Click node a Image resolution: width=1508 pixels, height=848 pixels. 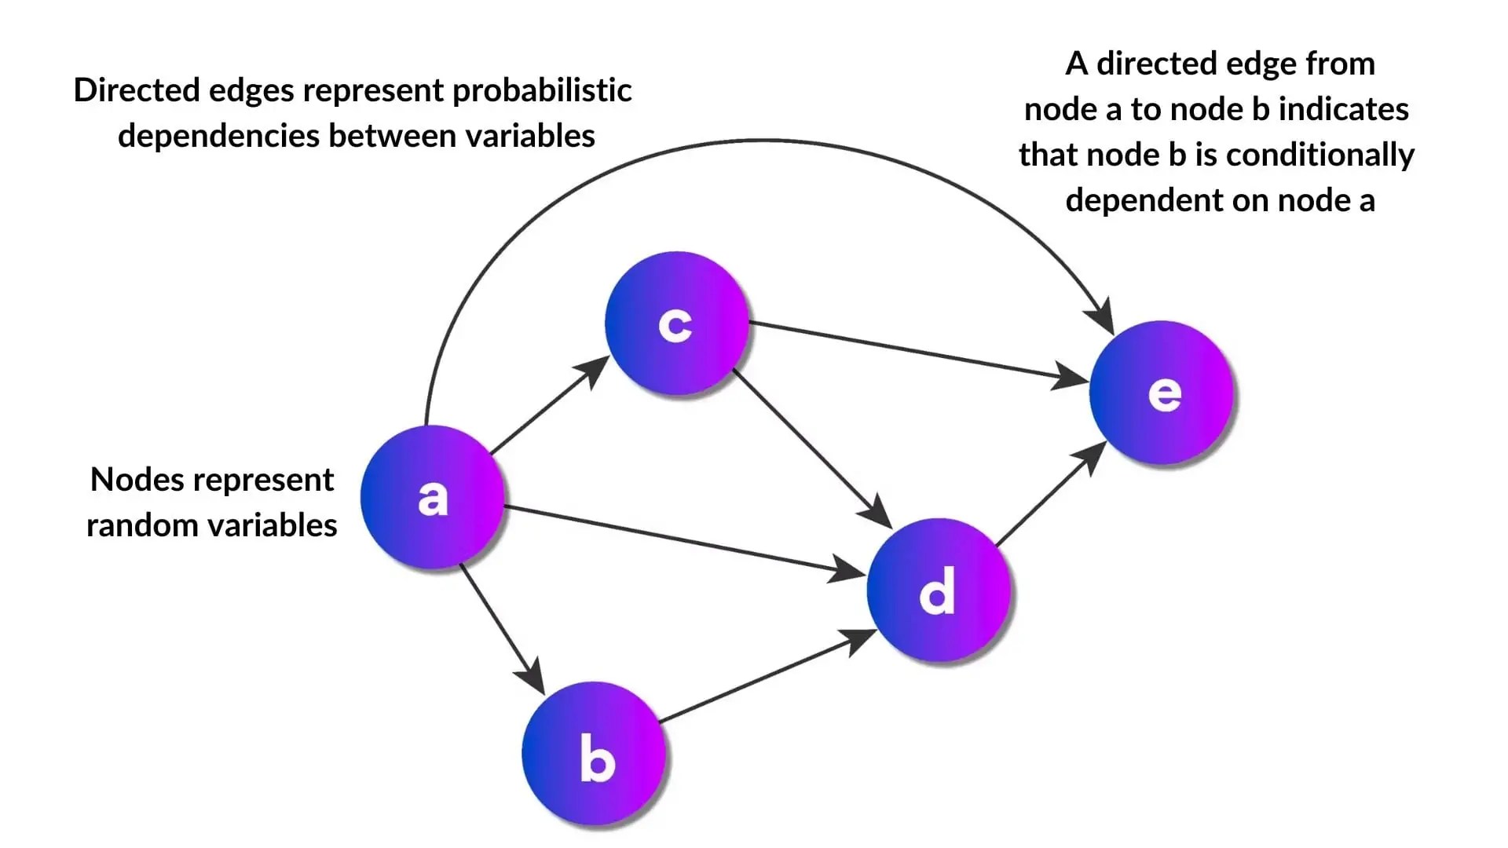click(432, 497)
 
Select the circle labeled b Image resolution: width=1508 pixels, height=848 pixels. click(594, 754)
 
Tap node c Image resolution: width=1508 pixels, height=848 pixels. click(676, 323)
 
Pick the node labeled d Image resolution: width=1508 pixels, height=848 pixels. click(938, 589)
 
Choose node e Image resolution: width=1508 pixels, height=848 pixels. click(1161, 393)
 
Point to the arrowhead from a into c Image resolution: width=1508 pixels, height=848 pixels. click(595, 369)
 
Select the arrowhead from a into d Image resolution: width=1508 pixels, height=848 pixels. click(848, 570)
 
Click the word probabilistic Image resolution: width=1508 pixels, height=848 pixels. click(542, 91)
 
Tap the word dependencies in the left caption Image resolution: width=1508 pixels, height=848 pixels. click(219, 137)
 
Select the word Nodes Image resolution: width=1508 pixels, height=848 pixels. click(136, 480)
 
